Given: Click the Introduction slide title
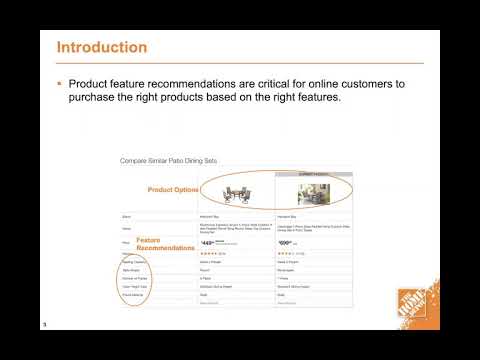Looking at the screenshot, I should pyautogui.click(x=102, y=47).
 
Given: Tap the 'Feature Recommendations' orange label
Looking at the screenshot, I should pyautogui.click(x=163, y=245).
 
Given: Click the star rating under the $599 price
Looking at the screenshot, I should pyautogui.click(x=288, y=253).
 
